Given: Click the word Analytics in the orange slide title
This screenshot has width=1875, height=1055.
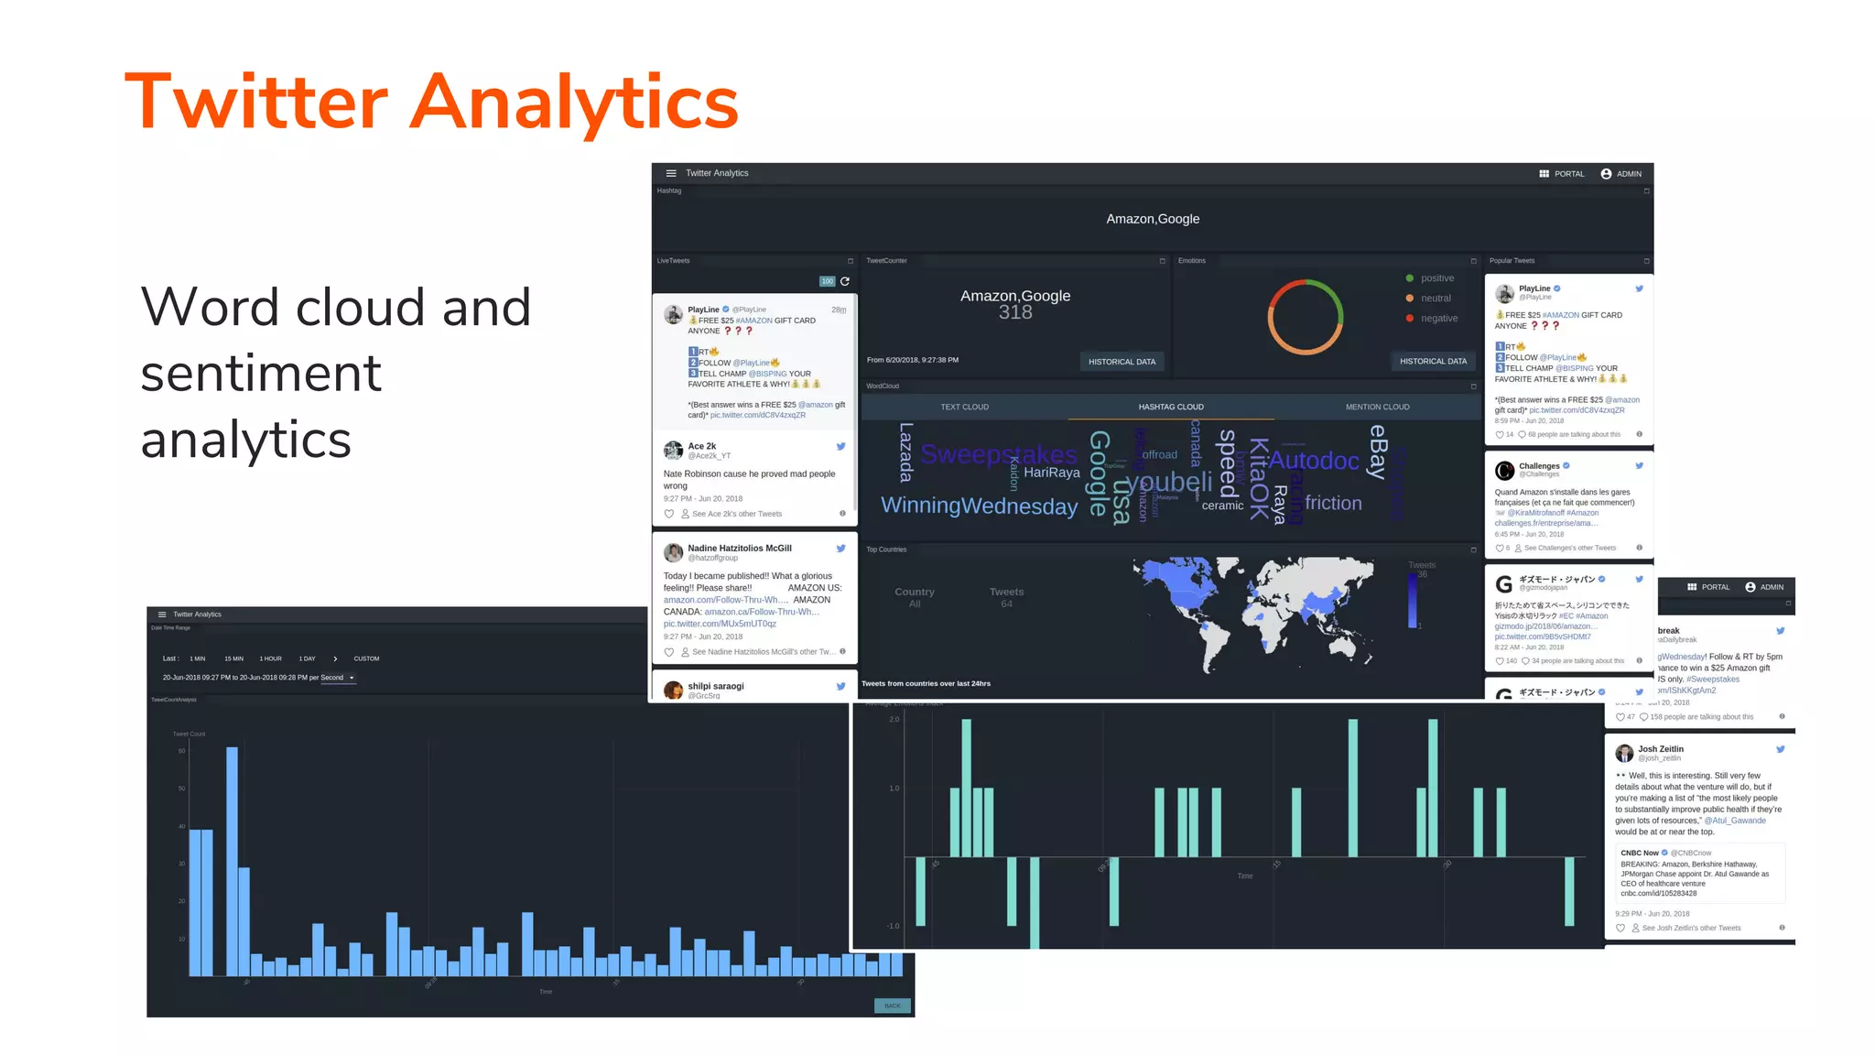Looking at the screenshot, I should coord(573,103).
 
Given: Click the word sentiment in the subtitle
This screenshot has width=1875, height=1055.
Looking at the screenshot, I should coord(261,373).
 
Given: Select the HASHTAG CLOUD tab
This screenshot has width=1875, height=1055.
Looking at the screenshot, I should coord(1171,407).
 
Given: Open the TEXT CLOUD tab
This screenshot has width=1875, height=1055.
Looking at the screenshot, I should coord(964,407).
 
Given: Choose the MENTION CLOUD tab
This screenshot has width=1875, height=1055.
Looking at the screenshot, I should coord(1377,407).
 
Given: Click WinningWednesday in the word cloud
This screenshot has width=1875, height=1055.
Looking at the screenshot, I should coord(979,506).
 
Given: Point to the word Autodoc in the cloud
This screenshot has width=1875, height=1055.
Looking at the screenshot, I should coord(1314,461).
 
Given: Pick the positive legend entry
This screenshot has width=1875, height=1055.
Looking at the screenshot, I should coord(1436,278).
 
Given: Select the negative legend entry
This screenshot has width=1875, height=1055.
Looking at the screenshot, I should coord(1438,319).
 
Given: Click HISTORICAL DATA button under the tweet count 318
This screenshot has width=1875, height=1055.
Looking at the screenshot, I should coord(1122,362).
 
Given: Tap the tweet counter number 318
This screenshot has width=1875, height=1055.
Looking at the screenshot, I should coord(1015,312).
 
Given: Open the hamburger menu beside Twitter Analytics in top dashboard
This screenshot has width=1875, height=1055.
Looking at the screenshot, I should coord(671,173).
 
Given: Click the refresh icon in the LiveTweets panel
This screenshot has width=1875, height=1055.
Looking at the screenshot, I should coord(845,281).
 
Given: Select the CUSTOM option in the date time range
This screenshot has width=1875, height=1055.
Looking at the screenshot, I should coord(366,658).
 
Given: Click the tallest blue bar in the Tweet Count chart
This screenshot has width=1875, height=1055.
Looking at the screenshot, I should coord(233,861).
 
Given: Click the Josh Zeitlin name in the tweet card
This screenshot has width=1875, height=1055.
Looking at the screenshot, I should coord(1660,749).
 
